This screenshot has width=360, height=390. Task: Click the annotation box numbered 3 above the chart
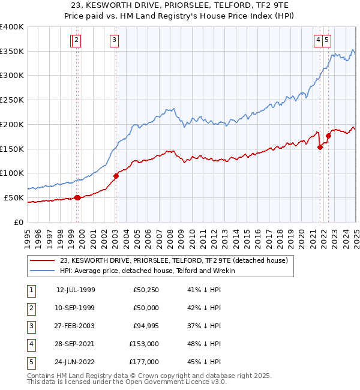(114, 40)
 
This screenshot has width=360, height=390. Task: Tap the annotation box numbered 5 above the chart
(327, 40)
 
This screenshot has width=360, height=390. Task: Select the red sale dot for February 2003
(116, 176)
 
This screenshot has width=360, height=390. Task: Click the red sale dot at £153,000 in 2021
(320, 148)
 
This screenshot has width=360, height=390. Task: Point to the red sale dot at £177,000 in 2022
(328, 136)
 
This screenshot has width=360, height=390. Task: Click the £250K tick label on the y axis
(12, 100)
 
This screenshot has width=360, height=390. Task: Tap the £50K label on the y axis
(14, 197)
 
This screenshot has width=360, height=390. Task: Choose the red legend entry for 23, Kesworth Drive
(174, 260)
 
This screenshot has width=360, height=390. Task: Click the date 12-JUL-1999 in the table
(76, 290)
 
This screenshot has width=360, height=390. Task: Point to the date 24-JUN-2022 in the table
(76, 362)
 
